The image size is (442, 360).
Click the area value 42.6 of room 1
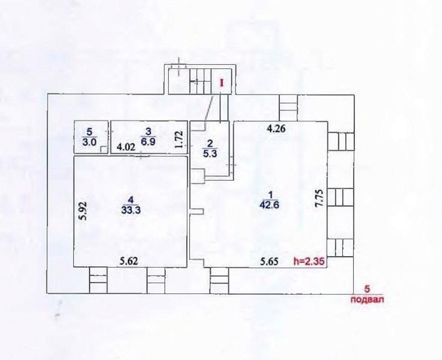(x=269, y=205)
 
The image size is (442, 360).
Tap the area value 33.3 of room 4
(x=131, y=209)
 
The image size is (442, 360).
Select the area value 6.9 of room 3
(x=148, y=141)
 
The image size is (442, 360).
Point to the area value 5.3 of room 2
(x=210, y=154)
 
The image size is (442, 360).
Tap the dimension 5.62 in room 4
(x=129, y=261)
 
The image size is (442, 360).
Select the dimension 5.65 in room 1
(x=269, y=261)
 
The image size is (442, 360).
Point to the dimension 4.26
(x=276, y=129)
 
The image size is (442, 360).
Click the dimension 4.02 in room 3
(x=126, y=147)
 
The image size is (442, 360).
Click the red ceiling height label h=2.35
(x=309, y=261)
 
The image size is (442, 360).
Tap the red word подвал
(x=367, y=299)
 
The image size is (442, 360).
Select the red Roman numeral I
(x=221, y=83)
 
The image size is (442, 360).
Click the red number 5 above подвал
(x=367, y=289)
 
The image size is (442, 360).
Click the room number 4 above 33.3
(x=130, y=200)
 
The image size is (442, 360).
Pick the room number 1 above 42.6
(x=270, y=195)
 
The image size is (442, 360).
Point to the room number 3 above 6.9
(x=148, y=131)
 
